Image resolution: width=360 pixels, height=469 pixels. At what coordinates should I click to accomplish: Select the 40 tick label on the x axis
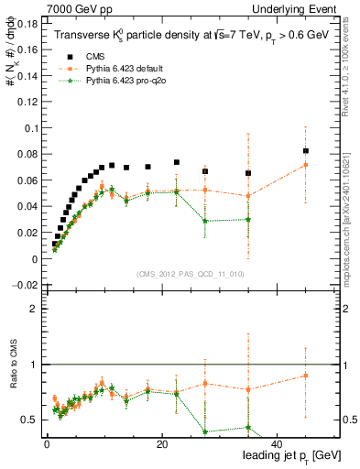278,445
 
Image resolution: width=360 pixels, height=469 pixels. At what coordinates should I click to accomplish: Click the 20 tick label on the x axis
162,445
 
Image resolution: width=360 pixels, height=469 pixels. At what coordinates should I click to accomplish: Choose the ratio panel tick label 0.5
30,420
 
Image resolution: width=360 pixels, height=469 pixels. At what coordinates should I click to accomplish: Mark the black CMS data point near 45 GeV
306,151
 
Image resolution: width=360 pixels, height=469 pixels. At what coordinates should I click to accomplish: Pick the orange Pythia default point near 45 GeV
306,165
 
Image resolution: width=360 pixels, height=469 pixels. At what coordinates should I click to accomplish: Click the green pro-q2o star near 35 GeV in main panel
248,219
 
